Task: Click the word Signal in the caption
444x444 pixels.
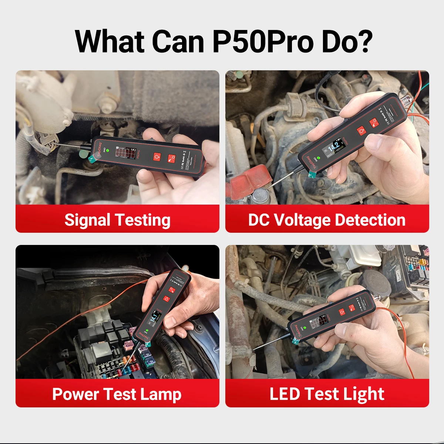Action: [x=87, y=220]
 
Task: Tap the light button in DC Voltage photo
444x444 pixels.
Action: [x=361, y=131]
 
